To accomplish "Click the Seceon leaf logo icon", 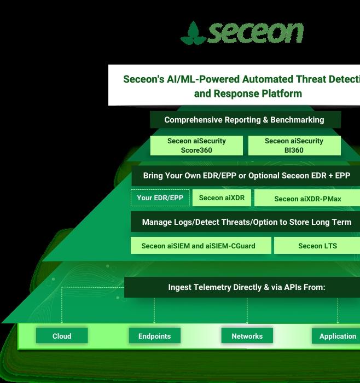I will pyautogui.click(x=193, y=33).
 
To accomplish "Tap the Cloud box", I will pyautogui.click(x=62, y=336).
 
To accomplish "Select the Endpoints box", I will pyautogui.click(x=154, y=336).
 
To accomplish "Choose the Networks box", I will pyautogui.click(x=247, y=336).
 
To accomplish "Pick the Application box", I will pyautogui.click(x=336, y=336).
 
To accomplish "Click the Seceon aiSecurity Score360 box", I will pyautogui.click(x=196, y=146).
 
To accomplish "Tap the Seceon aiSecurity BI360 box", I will pyautogui.click(x=294, y=146).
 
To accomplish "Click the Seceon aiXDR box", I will pyautogui.click(x=222, y=198).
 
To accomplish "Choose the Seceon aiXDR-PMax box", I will pyautogui.click(x=307, y=199).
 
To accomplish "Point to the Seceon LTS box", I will pyautogui.click(x=317, y=246).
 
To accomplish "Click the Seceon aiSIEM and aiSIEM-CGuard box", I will pyautogui.click(x=198, y=246).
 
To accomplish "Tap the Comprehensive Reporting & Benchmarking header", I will pyautogui.click(x=244, y=120).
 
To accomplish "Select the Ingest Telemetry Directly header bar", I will pyautogui.click(x=246, y=287).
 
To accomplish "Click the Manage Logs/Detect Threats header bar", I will pyautogui.click(x=246, y=222).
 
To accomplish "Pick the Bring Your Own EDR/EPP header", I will pyautogui.click(x=246, y=176).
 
